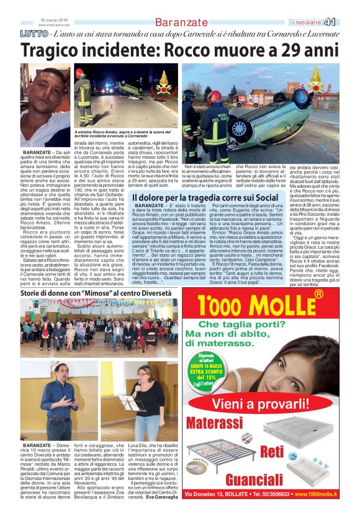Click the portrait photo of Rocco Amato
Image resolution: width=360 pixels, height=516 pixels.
click(x=45, y=105)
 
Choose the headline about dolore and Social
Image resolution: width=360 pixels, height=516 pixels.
click(x=205, y=198)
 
